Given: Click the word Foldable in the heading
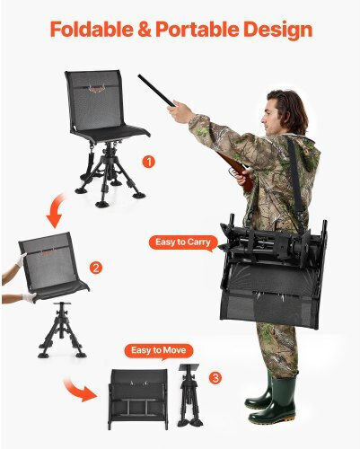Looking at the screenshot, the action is (92, 29).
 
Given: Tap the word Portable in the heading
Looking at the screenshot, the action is (198, 29).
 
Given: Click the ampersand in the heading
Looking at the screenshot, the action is (145, 30).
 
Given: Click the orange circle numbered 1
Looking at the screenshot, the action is (149, 162).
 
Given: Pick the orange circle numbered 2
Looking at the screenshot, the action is (96, 268).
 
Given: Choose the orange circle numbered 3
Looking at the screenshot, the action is (215, 378).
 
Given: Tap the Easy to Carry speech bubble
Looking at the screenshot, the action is (183, 242).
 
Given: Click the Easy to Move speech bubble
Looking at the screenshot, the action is (159, 351).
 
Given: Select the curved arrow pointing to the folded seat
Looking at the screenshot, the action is (78, 389).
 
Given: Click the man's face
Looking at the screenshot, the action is (270, 115).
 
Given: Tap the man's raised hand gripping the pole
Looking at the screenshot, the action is (181, 111).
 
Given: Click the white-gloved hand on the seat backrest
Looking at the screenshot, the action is (21, 260).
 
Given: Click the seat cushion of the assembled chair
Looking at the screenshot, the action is (111, 133).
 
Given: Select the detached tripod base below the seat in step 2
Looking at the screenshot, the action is (62, 330).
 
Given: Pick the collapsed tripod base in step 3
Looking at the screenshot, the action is (189, 395).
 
